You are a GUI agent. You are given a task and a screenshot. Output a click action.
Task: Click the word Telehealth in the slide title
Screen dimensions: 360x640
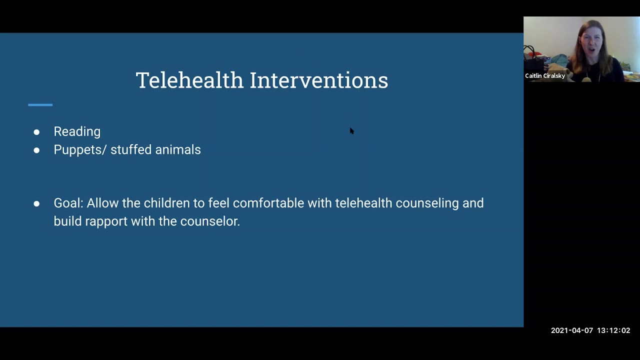click(x=189, y=80)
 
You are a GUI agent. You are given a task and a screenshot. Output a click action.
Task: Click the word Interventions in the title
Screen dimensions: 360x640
click(x=318, y=80)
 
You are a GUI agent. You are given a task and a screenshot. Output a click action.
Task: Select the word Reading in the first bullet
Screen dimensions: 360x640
click(x=77, y=131)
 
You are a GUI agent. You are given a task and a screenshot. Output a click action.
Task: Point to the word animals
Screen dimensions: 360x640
click(x=178, y=149)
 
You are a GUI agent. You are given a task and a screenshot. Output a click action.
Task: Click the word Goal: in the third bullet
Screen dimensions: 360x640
click(x=68, y=203)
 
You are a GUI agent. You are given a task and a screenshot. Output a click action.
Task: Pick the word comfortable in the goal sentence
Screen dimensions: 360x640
click(x=268, y=203)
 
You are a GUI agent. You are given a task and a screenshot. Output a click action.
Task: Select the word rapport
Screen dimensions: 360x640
click(x=106, y=221)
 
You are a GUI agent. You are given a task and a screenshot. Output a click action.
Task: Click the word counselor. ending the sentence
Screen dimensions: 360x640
click(x=210, y=221)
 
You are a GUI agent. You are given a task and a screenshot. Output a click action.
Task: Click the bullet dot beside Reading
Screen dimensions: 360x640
click(x=36, y=132)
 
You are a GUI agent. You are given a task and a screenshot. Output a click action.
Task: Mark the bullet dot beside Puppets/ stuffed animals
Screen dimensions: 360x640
click(x=36, y=150)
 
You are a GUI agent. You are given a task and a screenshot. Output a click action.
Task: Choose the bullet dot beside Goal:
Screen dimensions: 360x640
click(x=36, y=203)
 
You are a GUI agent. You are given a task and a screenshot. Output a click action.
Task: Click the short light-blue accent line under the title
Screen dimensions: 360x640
click(x=40, y=105)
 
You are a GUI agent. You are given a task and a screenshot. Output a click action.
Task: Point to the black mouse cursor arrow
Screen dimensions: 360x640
click(x=351, y=130)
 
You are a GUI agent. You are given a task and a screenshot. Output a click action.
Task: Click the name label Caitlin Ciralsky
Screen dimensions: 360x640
click(x=545, y=76)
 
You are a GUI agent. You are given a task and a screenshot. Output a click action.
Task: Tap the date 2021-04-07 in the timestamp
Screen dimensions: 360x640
click(x=571, y=330)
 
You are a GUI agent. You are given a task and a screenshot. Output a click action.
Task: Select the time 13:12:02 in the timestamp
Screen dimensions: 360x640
click(x=613, y=330)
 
